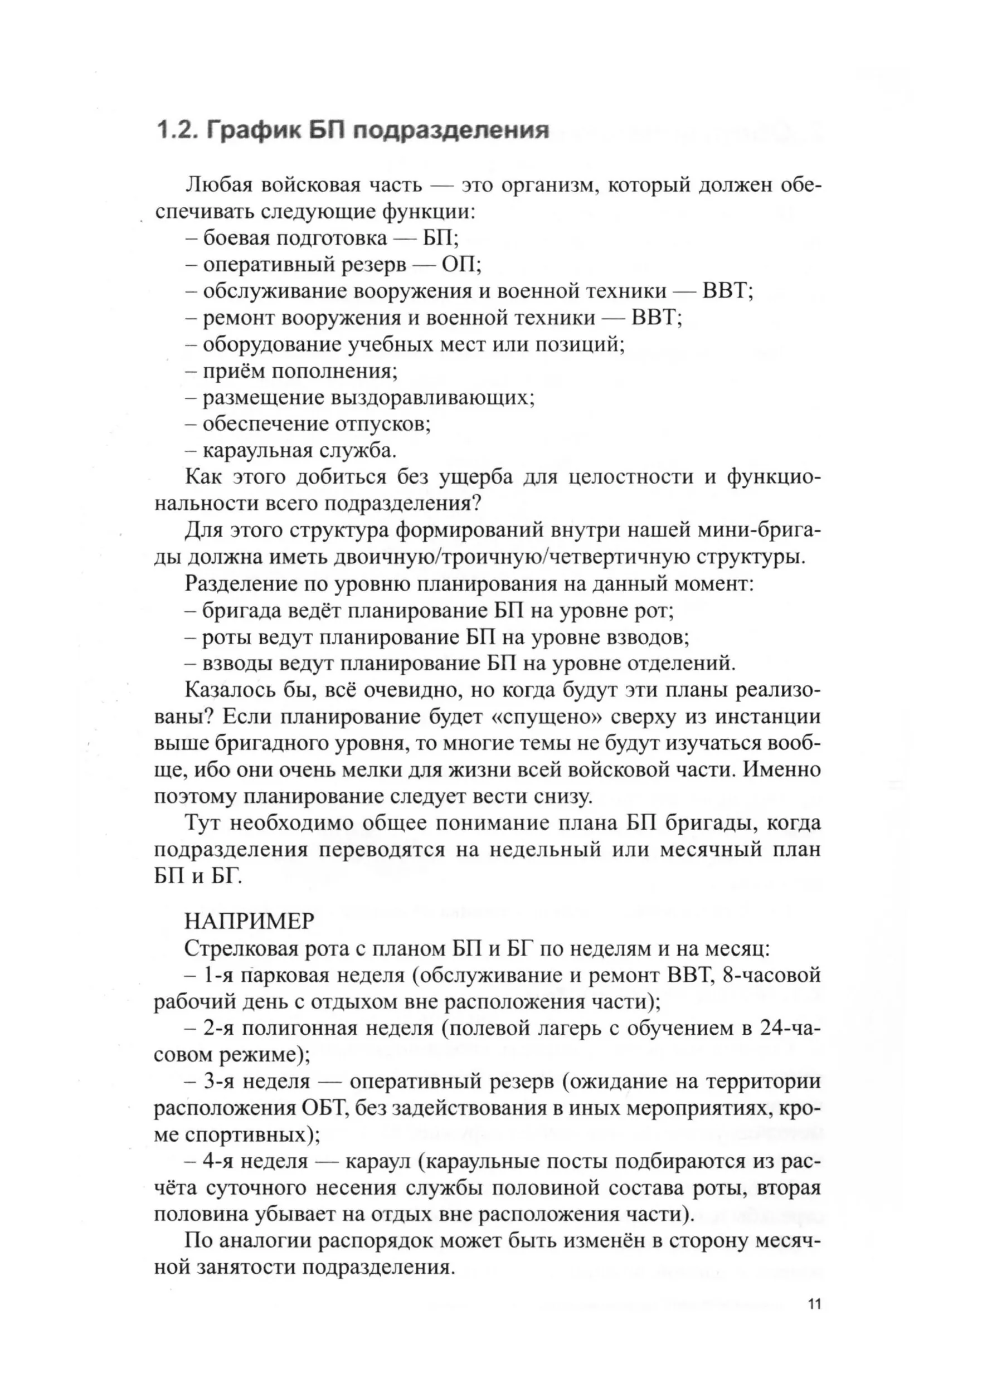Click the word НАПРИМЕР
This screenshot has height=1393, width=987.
tap(249, 922)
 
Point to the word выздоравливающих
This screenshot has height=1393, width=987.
tap(431, 398)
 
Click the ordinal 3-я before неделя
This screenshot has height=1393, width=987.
tap(222, 1082)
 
